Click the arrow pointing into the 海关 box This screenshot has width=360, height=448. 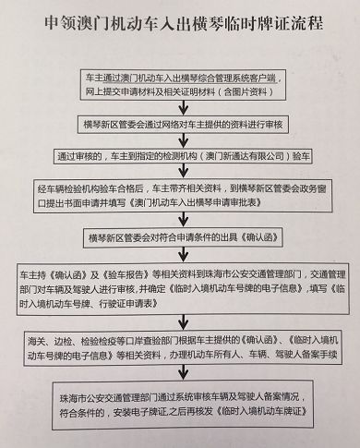181,321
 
